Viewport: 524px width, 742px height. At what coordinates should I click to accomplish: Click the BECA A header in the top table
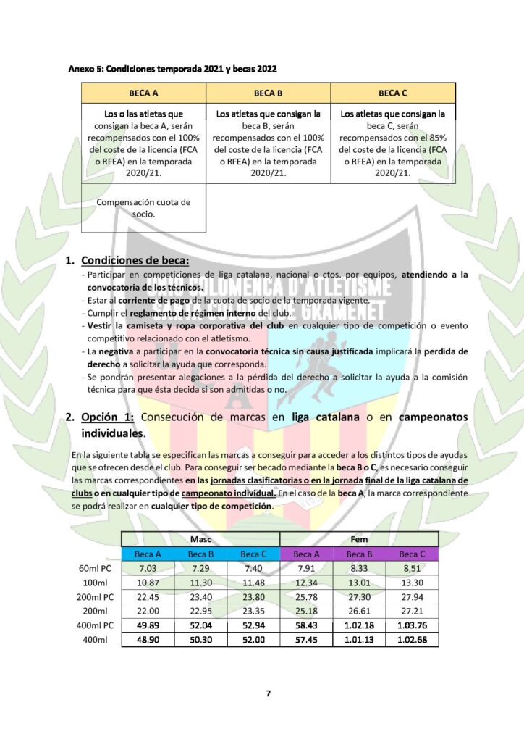pos(143,93)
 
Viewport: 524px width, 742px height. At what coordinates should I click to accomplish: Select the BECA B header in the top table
pos(269,93)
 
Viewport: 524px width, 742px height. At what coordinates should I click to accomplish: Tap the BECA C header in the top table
pos(393,93)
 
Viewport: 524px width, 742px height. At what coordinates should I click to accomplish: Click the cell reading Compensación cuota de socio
pos(143,208)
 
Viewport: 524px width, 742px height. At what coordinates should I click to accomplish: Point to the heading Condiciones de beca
pos(135,260)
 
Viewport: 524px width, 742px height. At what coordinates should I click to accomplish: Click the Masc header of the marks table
pos(200,539)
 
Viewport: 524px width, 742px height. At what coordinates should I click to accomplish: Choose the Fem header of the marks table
pos(358,539)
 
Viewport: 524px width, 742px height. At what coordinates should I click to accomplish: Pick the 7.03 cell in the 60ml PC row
pos(148,569)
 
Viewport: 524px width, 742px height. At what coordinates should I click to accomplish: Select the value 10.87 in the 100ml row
pos(148,583)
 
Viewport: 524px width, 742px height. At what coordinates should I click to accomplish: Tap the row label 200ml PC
pos(96,597)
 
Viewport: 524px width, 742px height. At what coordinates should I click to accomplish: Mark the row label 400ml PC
pos(96,625)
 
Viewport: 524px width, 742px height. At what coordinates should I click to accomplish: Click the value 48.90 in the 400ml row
pos(148,639)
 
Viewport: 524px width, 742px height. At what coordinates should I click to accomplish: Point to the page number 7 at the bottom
pos(268,693)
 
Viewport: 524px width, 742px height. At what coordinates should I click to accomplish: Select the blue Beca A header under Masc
pos(148,554)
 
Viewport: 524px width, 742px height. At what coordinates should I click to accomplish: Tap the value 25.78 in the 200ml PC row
pos(305,597)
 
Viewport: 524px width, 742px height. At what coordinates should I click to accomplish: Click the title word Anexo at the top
pos(81,69)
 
